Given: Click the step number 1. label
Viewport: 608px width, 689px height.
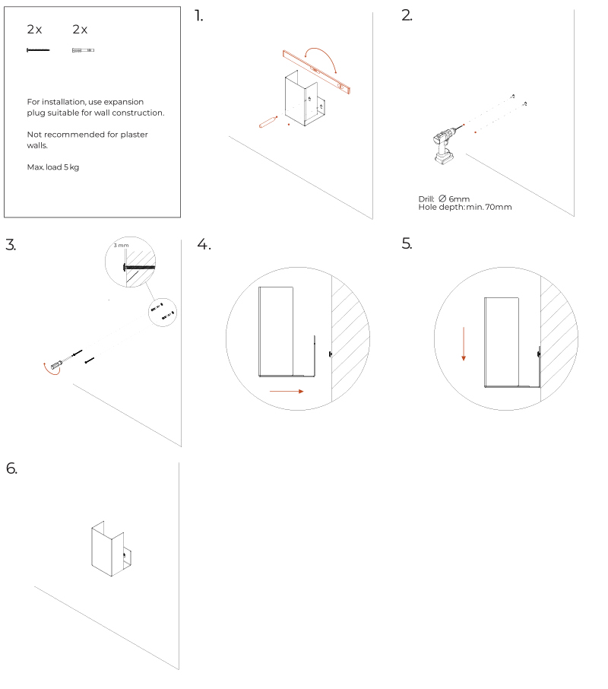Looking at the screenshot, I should [199, 16].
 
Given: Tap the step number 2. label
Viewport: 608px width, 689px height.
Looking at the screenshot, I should [407, 16].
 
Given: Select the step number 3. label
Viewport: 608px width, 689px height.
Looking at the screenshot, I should [11, 245].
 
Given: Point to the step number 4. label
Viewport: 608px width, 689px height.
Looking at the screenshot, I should [203, 245].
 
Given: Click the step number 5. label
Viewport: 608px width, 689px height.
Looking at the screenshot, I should [407, 245].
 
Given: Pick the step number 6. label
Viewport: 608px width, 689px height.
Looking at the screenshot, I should [11, 468].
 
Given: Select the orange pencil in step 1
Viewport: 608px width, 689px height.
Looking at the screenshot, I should [268, 122].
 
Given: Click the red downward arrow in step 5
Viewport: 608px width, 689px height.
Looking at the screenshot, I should [463, 342].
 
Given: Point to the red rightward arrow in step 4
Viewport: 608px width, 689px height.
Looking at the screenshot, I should [286, 392].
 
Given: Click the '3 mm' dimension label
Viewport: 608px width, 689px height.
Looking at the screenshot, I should [121, 246].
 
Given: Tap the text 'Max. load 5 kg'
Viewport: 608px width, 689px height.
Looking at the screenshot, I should [53, 167].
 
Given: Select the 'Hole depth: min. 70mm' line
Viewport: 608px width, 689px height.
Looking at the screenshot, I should [464, 207].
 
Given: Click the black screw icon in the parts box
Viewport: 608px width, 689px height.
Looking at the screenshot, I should [37, 50].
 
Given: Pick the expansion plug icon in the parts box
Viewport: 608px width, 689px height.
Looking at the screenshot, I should [83, 50].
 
